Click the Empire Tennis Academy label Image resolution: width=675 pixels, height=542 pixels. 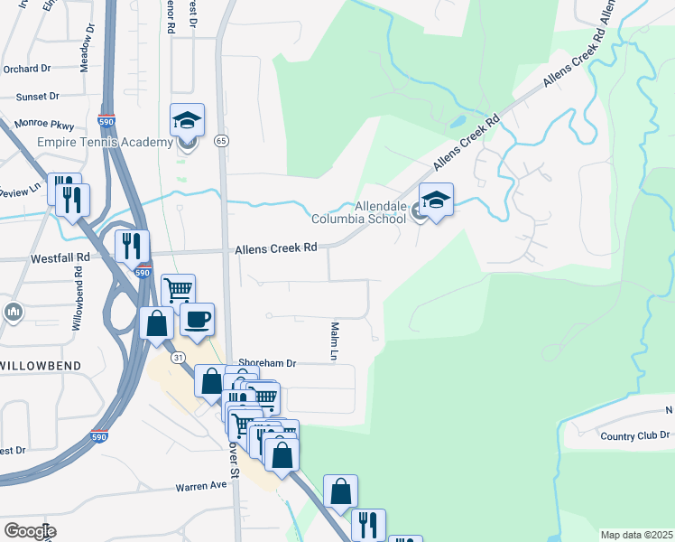coord(106,142)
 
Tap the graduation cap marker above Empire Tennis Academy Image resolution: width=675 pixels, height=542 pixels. coord(187,121)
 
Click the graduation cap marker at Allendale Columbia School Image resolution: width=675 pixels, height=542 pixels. coord(436,201)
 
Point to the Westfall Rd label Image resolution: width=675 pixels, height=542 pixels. coord(60,257)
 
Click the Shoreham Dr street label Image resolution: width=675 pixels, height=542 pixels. coord(267,362)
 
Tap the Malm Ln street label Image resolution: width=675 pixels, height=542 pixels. coord(334,342)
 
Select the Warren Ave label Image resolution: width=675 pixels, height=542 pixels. coord(201,486)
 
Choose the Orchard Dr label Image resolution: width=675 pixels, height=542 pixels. coord(26,69)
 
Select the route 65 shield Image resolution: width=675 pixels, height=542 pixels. coord(220,140)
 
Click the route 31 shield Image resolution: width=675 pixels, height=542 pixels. coord(180,358)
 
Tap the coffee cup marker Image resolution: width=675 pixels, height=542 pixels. coord(197,319)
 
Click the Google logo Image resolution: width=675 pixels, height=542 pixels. coord(30,531)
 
